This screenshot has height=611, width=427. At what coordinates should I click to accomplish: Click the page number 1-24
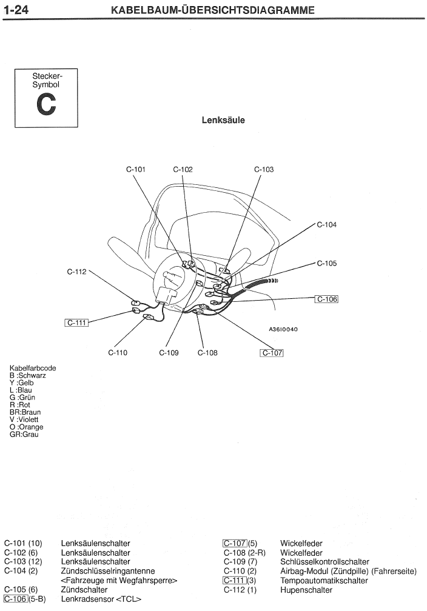[x=18, y=10]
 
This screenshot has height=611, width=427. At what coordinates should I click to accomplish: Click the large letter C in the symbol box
[x=46, y=105]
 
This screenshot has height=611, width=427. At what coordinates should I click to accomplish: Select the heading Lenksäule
[x=223, y=120]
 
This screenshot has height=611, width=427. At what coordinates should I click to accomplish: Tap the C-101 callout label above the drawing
[x=136, y=170]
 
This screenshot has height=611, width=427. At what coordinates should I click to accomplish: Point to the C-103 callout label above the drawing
[x=264, y=170]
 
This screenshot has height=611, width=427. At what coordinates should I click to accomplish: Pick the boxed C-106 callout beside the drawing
[x=326, y=299]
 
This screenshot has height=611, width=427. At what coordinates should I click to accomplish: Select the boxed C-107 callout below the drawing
[x=272, y=353]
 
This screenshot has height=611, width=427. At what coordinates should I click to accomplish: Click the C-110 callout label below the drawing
[x=118, y=353]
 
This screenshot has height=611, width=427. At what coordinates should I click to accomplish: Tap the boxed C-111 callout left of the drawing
[x=77, y=322]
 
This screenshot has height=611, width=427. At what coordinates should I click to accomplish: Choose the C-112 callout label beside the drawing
[x=77, y=272]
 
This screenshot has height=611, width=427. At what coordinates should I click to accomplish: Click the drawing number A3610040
[x=283, y=330]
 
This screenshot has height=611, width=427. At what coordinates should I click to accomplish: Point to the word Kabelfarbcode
[x=37, y=368]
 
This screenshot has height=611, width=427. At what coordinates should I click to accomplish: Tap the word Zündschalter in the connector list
[x=84, y=590]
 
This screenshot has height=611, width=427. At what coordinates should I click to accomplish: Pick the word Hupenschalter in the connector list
[x=306, y=590]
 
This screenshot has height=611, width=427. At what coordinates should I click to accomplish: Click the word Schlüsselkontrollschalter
[x=324, y=562]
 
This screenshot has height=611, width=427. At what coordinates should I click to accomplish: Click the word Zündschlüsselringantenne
[x=108, y=571]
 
